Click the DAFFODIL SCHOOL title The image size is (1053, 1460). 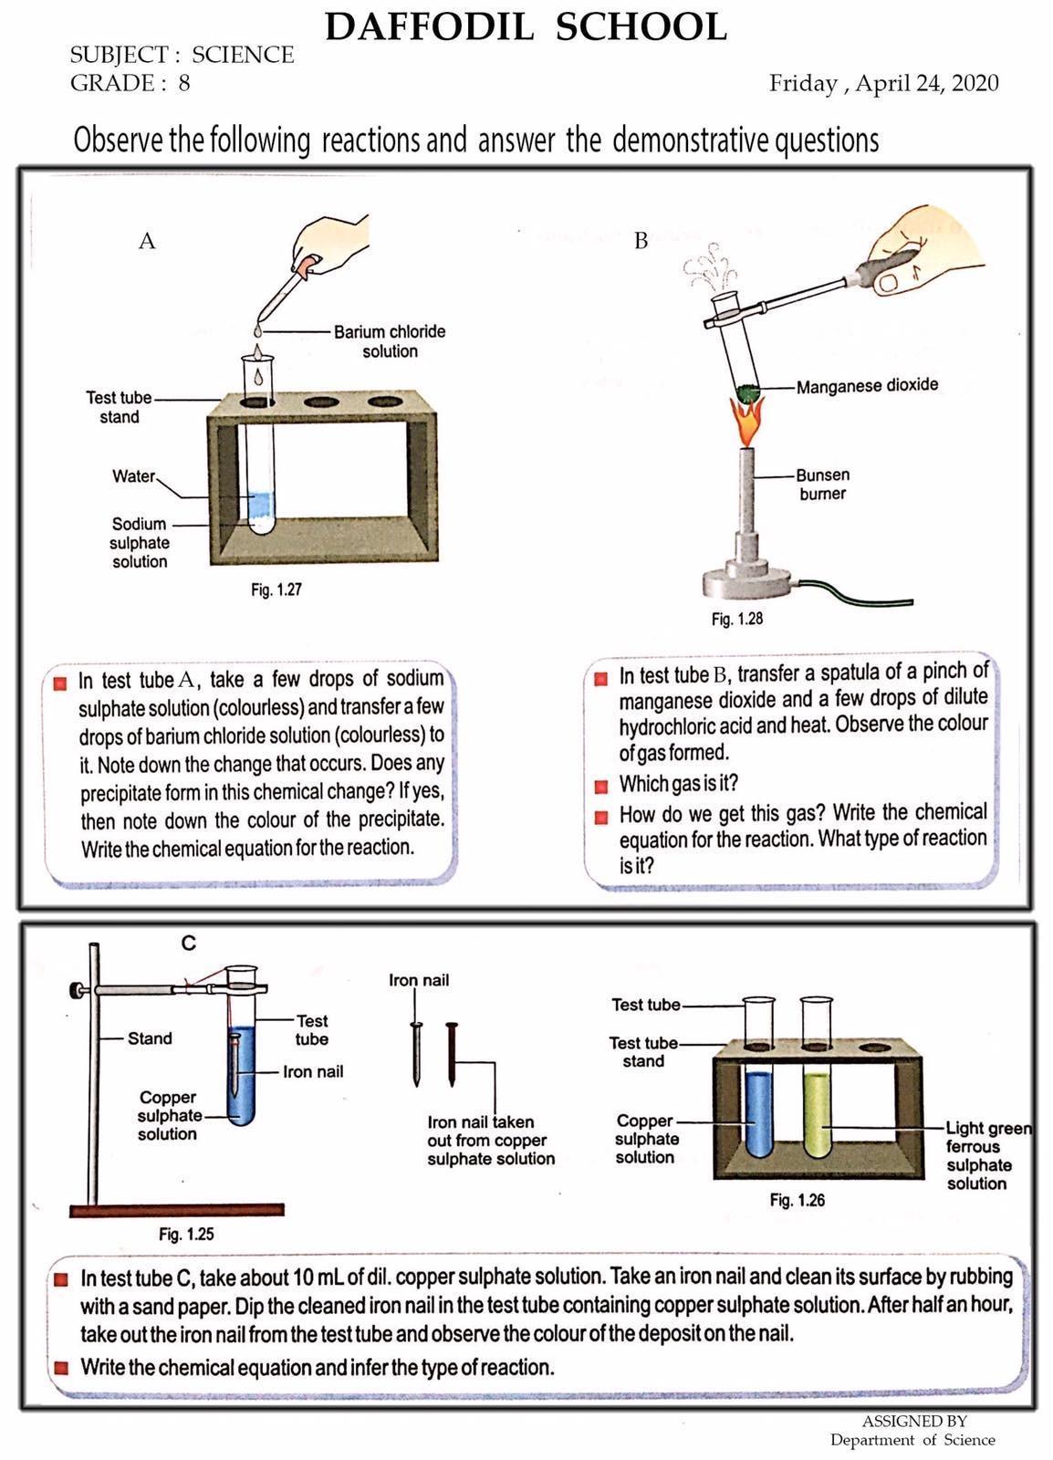(x=526, y=27)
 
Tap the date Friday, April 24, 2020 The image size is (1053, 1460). (x=883, y=84)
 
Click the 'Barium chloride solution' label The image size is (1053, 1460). (x=390, y=341)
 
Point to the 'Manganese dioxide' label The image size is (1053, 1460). (x=867, y=386)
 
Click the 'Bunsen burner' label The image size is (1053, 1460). (x=822, y=485)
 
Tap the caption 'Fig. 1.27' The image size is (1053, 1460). (x=276, y=589)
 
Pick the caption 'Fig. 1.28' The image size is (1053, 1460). (x=736, y=619)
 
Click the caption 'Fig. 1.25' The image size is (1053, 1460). (x=186, y=1235)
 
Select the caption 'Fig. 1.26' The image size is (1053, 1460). (x=797, y=1200)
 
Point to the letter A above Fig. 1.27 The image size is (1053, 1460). (x=147, y=241)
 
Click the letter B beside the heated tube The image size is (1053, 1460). (x=641, y=241)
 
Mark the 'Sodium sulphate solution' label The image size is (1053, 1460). (x=140, y=543)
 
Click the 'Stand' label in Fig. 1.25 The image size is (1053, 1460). (x=150, y=1038)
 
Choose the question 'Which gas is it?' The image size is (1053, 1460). (x=678, y=784)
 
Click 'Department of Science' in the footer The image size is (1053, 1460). (x=912, y=1440)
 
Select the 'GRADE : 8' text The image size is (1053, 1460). (x=130, y=84)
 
